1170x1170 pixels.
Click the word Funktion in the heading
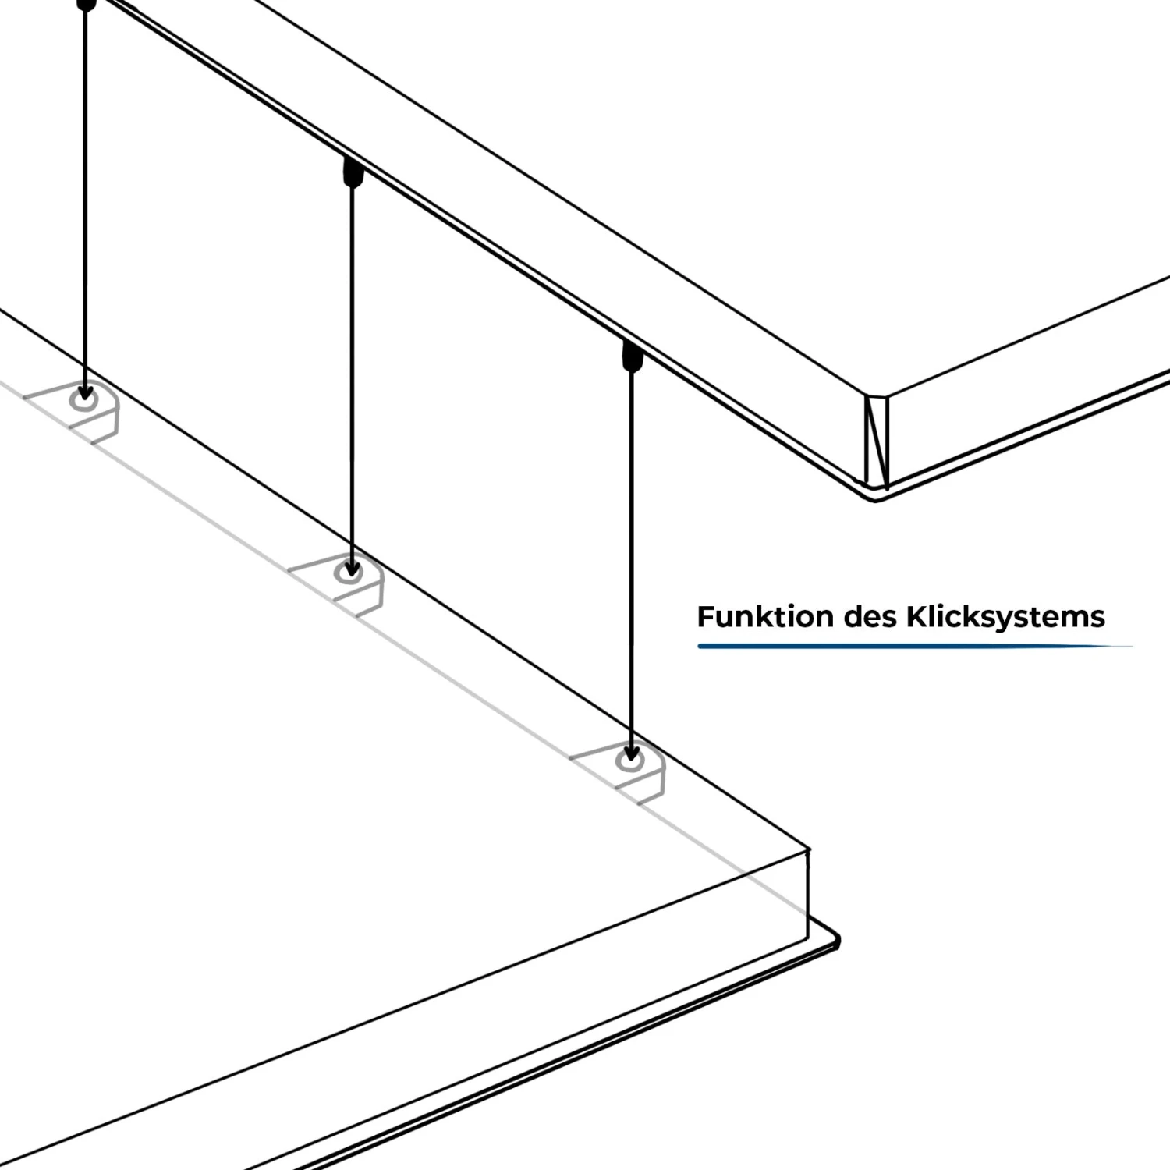765,617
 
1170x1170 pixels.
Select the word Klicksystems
1005,617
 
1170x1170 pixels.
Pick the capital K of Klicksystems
916,617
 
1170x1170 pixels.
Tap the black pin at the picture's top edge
87,4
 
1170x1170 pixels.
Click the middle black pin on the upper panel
353,173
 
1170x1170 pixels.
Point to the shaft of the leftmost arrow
85,195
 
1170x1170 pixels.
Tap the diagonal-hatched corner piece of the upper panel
877,439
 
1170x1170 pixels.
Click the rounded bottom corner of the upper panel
877,495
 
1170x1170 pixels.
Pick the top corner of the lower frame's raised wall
807,850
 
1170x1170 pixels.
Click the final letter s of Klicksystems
1097,619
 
